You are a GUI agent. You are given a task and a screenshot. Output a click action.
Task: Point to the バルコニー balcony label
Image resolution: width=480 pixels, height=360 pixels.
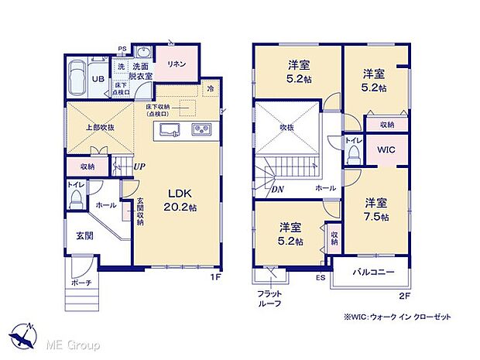point(374,273)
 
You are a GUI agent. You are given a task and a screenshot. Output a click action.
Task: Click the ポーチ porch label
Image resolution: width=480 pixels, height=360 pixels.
point(83,283)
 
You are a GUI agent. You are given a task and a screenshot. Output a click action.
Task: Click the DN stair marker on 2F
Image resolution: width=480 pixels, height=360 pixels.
point(276,188)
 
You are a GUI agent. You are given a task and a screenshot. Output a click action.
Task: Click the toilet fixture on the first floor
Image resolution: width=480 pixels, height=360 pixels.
point(76,200)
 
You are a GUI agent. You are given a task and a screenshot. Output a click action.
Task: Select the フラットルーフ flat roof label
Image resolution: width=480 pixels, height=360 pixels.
point(269,299)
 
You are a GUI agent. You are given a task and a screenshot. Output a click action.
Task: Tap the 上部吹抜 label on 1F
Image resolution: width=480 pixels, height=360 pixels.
point(101,127)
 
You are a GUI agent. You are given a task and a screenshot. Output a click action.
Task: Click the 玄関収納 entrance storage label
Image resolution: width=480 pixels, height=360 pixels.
point(140,211)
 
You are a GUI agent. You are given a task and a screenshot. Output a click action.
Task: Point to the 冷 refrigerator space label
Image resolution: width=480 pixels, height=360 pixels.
point(210,88)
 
